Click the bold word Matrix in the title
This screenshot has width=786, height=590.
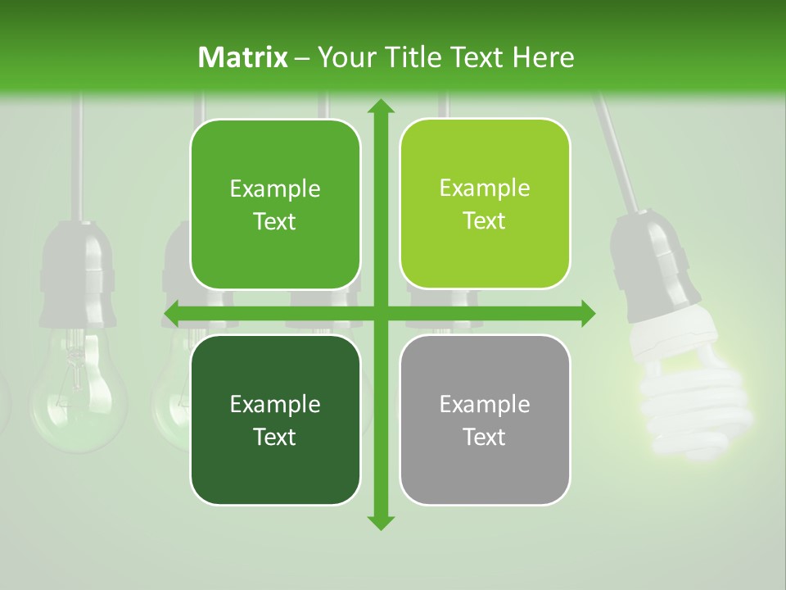[x=243, y=57]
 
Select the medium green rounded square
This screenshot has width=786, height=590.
[x=275, y=204]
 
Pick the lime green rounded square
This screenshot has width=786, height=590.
[x=485, y=204]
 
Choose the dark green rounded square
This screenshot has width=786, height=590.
[x=275, y=420]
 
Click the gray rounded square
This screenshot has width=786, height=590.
[x=485, y=420]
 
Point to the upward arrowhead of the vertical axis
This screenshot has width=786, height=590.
[x=380, y=107]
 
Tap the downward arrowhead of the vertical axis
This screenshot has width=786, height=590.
[x=380, y=522]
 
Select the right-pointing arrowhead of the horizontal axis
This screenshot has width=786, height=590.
[x=587, y=313]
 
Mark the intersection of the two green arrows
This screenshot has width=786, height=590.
[x=380, y=313]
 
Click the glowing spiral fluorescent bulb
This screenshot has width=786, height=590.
[x=692, y=402]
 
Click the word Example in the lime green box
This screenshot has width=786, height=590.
[x=485, y=188]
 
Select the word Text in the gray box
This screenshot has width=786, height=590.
[x=485, y=437]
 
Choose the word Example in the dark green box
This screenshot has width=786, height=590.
[x=275, y=404]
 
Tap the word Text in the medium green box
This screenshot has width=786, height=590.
[x=275, y=221]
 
